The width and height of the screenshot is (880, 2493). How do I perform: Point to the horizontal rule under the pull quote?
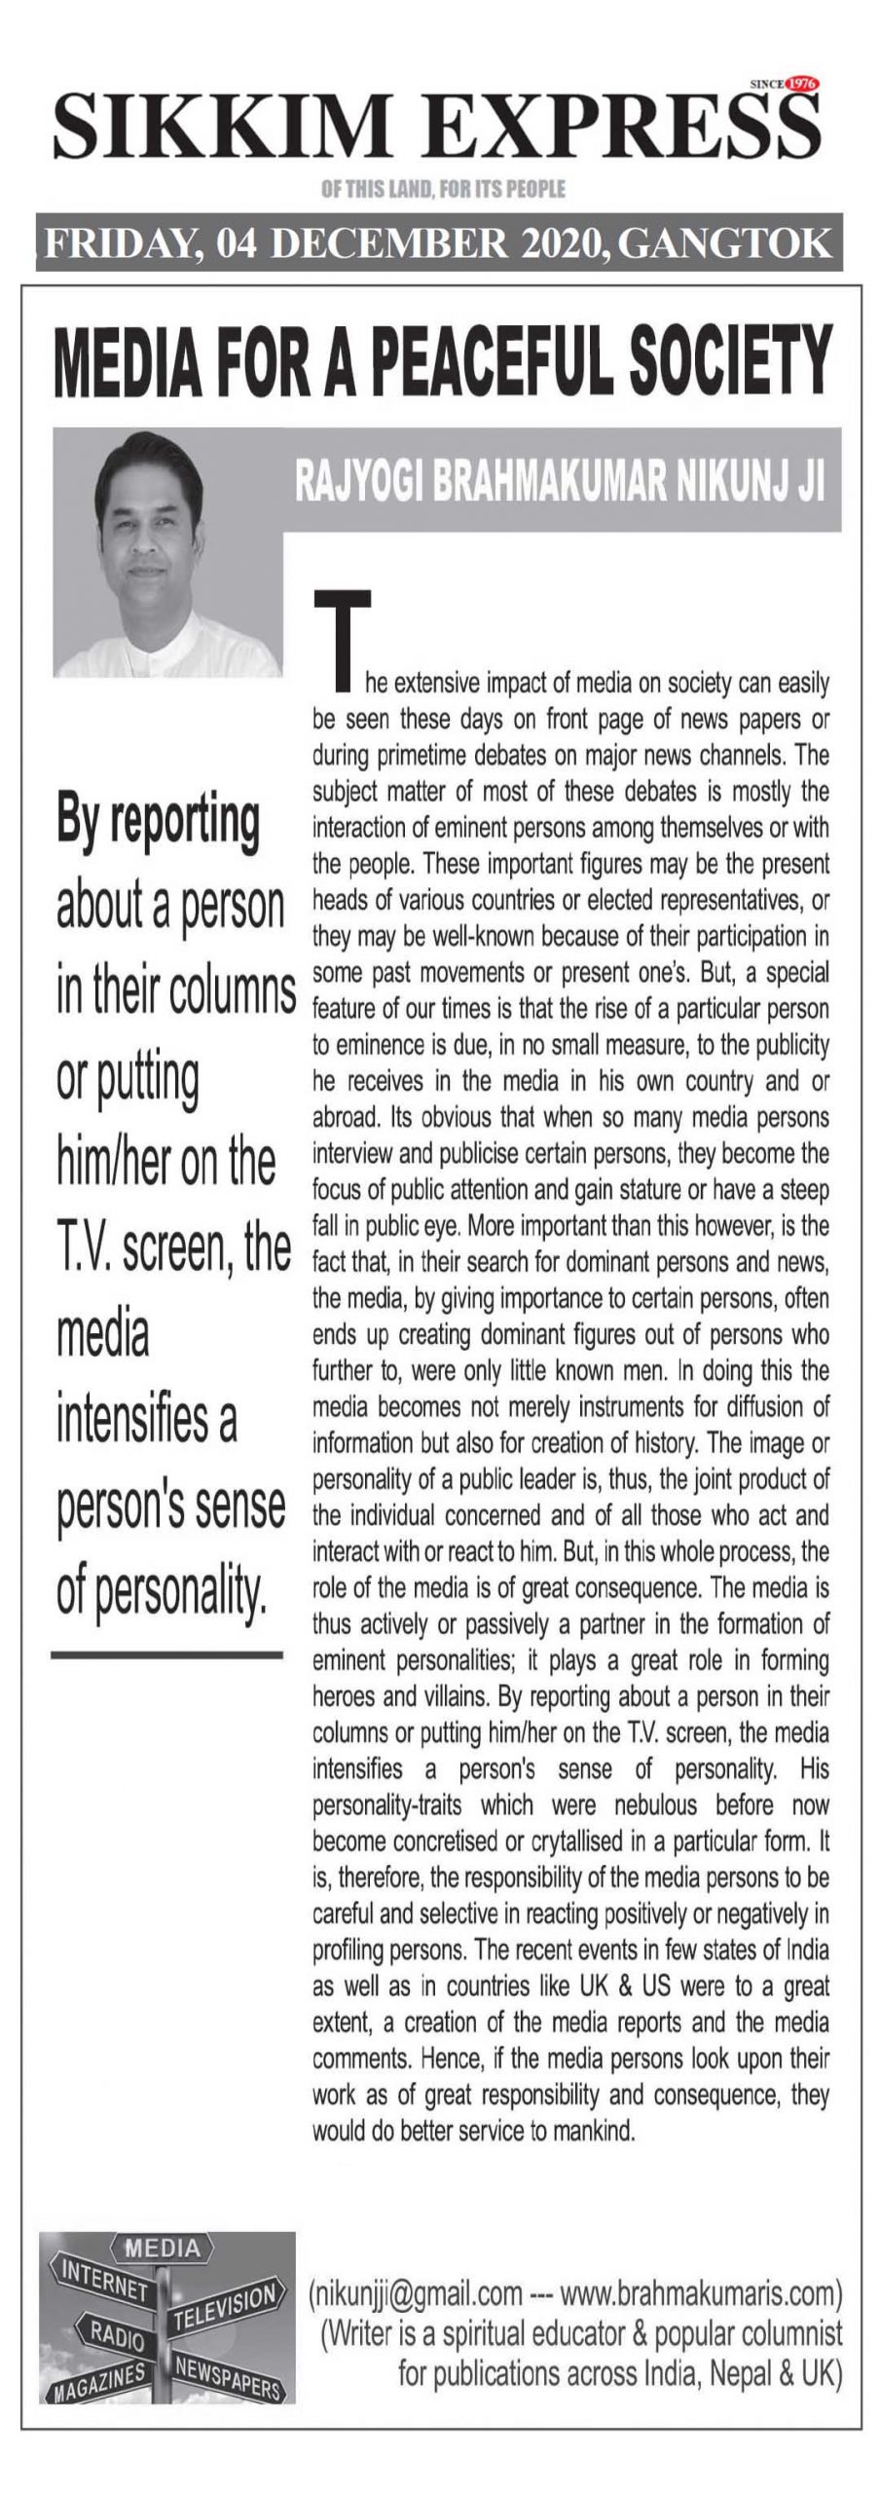166,1654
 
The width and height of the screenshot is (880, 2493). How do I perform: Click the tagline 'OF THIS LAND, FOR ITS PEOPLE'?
443,188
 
